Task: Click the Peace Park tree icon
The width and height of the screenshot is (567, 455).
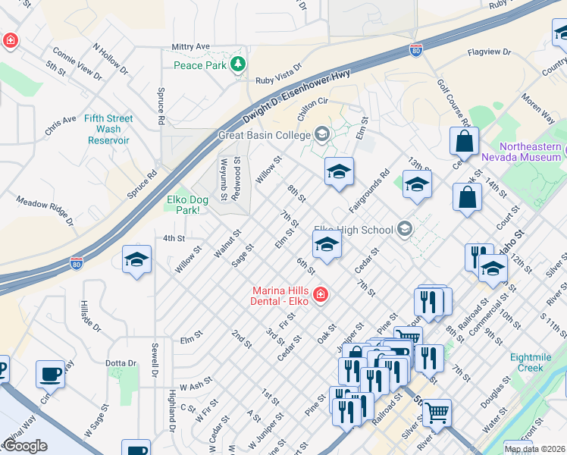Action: (x=240, y=64)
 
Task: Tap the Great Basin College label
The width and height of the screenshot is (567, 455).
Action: (x=265, y=136)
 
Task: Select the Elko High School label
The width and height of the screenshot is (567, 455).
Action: (x=354, y=230)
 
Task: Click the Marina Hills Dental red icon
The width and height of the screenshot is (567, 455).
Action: (x=321, y=293)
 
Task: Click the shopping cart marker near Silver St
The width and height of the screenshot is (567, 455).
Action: (x=437, y=413)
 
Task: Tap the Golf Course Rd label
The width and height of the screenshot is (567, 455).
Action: (x=455, y=103)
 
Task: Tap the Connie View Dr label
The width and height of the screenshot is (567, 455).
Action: (x=77, y=63)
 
